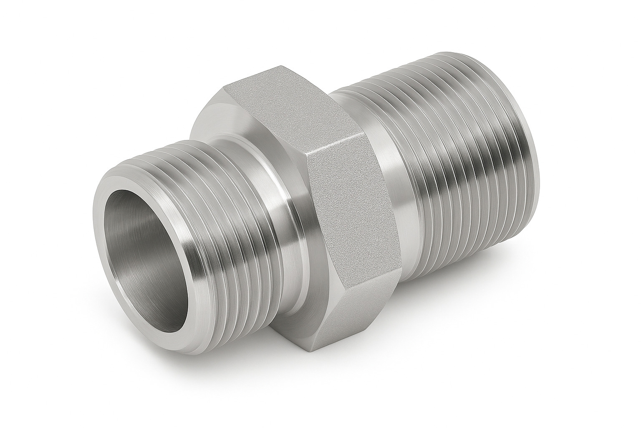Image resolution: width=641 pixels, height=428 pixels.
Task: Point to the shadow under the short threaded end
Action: click(200, 355)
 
